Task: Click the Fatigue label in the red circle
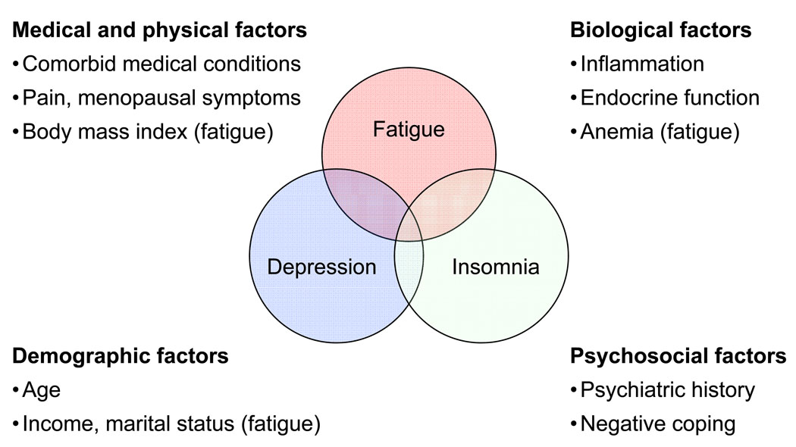point(409,130)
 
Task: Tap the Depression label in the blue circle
point(321,267)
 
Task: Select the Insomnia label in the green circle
point(496,267)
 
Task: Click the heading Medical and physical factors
point(160,30)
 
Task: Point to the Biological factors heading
point(660,30)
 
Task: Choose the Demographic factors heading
point(121,355)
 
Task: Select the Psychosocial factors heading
point(678,355)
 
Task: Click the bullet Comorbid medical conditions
point(161,64)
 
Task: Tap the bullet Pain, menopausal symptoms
point(161,98)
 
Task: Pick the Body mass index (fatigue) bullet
point(148,131)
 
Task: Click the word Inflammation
point(642,64)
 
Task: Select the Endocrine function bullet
point(669,98)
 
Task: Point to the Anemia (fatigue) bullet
point(660,131)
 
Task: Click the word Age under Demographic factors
point(42,390)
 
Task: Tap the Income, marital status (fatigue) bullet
point(171,424)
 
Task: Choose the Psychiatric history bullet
point(667,390)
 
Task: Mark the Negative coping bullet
point(657,424)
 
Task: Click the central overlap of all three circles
point(409,227)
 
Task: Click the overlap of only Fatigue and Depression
point(364,197)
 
